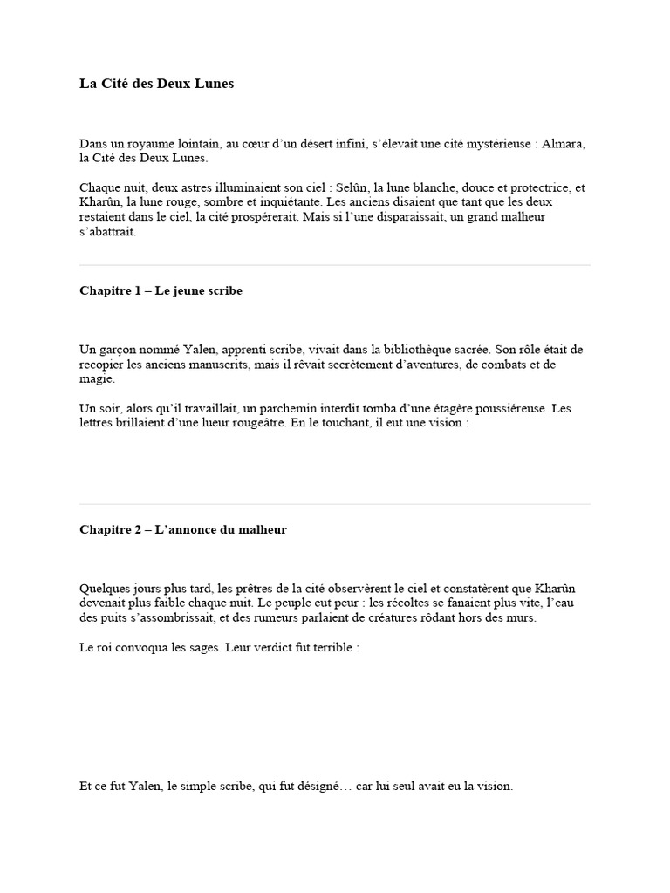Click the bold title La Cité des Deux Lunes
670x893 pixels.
156,85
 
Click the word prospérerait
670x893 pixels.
259,216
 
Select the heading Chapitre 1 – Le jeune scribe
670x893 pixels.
161,290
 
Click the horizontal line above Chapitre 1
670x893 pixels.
335,265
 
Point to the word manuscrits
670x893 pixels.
222,364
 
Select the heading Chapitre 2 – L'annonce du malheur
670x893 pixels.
183,529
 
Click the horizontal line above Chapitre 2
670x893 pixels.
335,504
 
